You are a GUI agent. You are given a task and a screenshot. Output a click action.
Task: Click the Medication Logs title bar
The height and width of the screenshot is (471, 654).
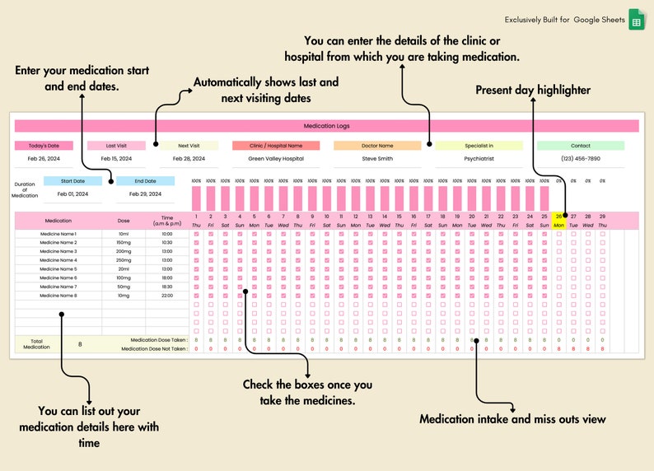pyautogui.click(x=327, y=126)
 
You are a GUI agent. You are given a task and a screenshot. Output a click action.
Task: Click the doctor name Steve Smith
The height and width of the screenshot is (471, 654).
pyautogui.click(x=377, y=159)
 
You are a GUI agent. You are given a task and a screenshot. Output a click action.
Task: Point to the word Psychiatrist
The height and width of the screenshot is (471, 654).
pyautogui.click(x=479, y=159)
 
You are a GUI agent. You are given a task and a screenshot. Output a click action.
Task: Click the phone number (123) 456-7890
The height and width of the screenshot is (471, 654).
pyautogui.click(x=581, y=159)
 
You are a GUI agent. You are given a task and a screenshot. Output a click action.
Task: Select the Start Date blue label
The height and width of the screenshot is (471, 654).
pyautogui.click(x=72, y=181)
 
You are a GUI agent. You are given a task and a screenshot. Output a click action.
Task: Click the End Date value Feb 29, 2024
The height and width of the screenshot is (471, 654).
pyautogui.click(x=145, y=194)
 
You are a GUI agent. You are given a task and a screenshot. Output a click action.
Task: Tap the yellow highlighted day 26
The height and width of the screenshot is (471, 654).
pyautogui.click(x=558, y=217)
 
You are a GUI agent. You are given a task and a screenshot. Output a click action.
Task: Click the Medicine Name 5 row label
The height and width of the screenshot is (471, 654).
pyautogui.click(x=58, y=268)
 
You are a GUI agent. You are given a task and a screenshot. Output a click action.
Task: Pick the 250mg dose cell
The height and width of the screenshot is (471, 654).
pyautogui.click(x=124, y=260)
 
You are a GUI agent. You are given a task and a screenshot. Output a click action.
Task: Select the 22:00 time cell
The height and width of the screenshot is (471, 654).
pyautogui.click(x=167, y=295)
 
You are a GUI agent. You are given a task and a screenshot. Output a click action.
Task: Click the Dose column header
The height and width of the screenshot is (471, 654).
pyautogui.click(x=124, y=221)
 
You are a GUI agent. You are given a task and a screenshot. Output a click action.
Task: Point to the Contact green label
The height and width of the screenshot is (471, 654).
pyautogui.click(x=581, y=146)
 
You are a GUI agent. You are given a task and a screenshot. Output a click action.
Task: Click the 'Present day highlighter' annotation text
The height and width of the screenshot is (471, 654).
pyautogui.click(x=532, y=90)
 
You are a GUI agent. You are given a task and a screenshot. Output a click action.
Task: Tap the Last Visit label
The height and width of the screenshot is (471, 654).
pyautogui.click(x=116, y=146)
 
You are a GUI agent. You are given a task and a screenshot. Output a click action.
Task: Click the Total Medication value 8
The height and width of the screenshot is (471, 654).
pyautogui.click(x=80, y=344)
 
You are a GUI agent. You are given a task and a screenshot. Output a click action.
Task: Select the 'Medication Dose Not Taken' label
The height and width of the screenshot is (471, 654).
pyautogui.click(x=154, y=349)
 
